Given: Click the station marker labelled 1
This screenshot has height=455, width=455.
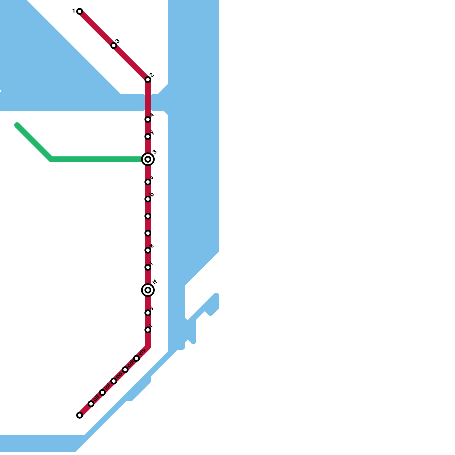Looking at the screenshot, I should (x=80, y=11).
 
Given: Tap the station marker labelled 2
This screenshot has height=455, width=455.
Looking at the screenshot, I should (x=148, y=80).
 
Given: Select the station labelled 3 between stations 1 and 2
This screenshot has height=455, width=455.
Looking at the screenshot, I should (x=114, y=45).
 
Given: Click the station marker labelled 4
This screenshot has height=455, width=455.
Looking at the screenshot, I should (x=148, y=119).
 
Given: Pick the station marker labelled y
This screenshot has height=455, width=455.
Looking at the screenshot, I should (x=148, y=137).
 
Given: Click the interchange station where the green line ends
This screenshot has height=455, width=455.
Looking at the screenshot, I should (x=148, y=159).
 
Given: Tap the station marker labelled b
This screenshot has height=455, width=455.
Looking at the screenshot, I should (x=148, y=199).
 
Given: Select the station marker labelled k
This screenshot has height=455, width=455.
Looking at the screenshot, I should (x=148, y=250).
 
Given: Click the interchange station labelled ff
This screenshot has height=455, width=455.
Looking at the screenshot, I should (x=148, y=290).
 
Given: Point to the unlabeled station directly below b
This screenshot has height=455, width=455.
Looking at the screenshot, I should (x=148, y=216).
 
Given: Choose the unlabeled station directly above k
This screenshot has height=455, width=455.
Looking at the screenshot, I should (x=148, y=233).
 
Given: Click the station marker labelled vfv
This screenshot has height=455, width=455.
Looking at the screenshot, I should (x=136, y=358).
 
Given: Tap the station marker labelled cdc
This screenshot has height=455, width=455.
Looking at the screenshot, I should (x=125, y=370).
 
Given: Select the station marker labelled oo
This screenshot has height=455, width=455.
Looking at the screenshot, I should (x=114, y=381).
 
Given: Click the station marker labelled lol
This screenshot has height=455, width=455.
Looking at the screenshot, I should (x=102, y=392).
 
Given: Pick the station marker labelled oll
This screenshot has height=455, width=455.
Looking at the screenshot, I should (x=91, y=404).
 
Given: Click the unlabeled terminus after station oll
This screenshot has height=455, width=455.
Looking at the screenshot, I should (x=80, y=415).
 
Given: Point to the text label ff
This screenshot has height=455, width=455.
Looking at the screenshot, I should (x=155, y=282).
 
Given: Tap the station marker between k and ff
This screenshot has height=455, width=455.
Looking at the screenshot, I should (x=148, y=267).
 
